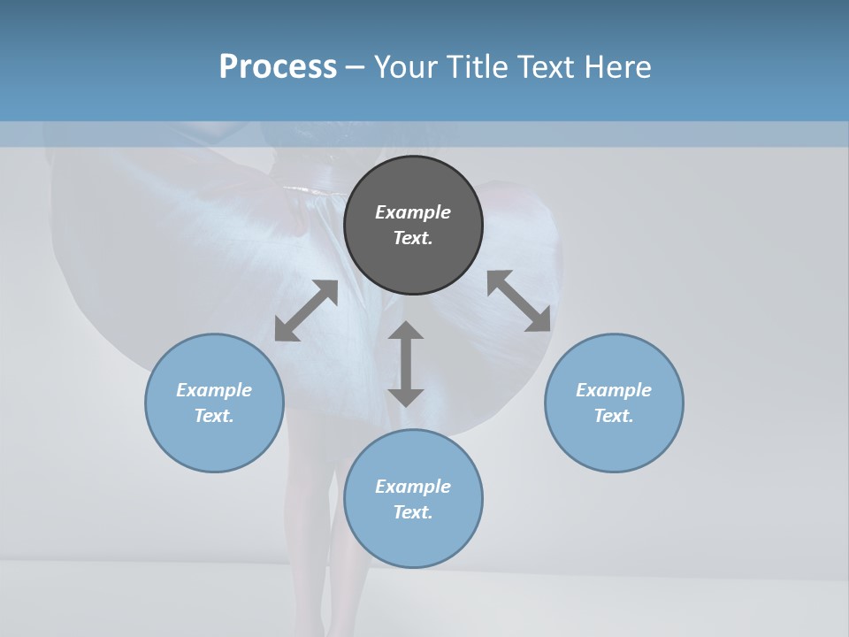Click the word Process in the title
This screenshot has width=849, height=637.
(x=278, y=67)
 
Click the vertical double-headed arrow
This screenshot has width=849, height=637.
(x=406, y=364)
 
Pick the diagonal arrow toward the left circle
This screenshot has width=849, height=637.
(x=306, y=311)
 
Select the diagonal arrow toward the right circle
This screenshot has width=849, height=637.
(x=519, y=301)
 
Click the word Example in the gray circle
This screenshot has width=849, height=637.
(x=413, y=212)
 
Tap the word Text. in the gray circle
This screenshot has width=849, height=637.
(x=413, y=238)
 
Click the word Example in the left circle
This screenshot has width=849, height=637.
(x=214, y=390)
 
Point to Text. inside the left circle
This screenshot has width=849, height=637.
(x=214, y=416)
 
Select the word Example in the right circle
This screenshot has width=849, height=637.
(x=614, y=390)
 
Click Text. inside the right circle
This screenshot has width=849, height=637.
(x=614, y=416)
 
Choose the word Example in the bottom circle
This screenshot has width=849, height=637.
(x=413, y=487)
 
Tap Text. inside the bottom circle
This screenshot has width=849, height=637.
(x=413, y=512)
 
